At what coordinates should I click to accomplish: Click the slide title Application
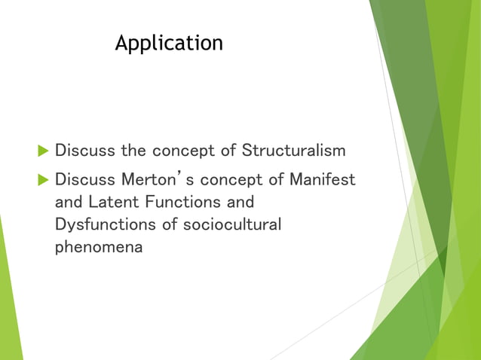[169, 44]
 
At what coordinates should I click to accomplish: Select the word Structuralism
[293, 151]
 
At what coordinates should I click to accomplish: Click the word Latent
[112, 203]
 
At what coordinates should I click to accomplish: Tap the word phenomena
[99, 247]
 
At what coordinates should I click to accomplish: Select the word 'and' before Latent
[69, 203]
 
